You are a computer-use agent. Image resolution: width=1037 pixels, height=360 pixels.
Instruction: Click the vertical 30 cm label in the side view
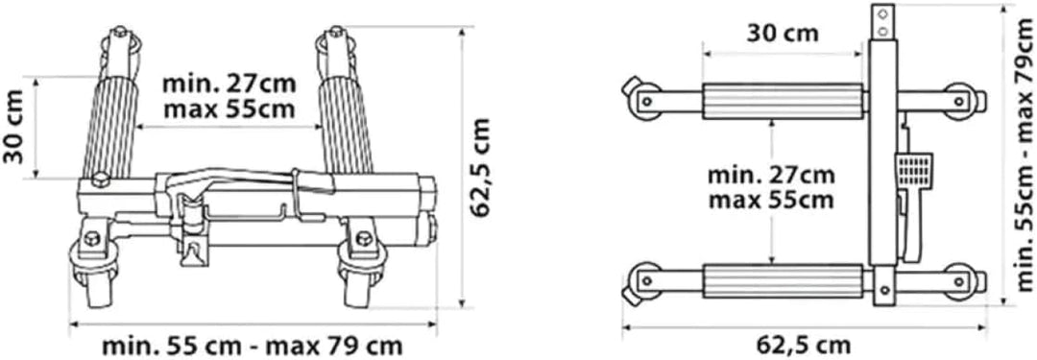pyautogui.click(x=15, y=126)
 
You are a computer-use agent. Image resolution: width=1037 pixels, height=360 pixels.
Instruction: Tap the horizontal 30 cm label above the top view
pyautogui.click(x=784, y=33)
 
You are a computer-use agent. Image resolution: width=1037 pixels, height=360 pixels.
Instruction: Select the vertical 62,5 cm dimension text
pyautogui.click(x=481, y=168)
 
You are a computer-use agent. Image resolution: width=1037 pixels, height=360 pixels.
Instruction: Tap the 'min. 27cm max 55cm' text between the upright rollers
pyautogui.click(x=229, y=97)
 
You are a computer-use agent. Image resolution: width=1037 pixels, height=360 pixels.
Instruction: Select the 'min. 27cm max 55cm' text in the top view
pyautogui.click(x=771, y=187)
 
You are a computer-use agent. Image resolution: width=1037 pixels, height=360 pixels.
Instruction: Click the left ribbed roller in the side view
pyautogui.click(x=109, y=127)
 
